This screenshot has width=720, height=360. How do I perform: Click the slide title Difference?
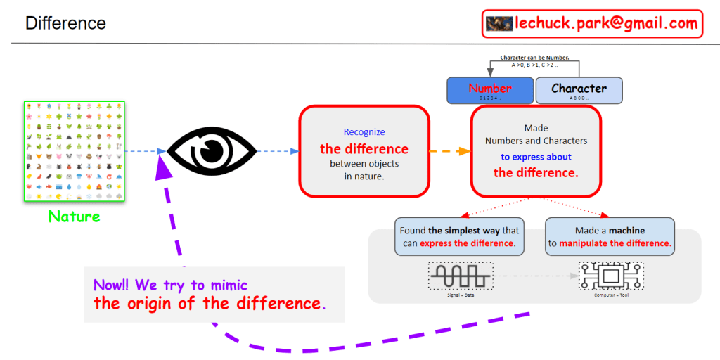pyautogui.click(x=65, y=23)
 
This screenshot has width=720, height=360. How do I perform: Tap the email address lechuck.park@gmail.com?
pyautogui.click(x=606, y=23)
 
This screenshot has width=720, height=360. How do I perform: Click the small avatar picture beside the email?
pyautogui.click(x=499, y=23)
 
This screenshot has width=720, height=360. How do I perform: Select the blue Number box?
pyautogui.click(x=490, y=90)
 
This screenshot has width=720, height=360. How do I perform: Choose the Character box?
pyautogui.click(x=579, y=90)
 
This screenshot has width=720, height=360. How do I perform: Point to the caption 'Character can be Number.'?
pyautogui.click(x=534, y=57)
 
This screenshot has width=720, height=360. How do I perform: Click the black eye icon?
pyautogui.click(x=211, y=150)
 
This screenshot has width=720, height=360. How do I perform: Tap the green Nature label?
pyautogui.click(x=74, y=216)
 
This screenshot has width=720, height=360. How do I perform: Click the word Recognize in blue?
pyautogui.click(x=364, y=131)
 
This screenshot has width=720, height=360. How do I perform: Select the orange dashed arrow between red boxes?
pyautogui.click(x=450, y=151)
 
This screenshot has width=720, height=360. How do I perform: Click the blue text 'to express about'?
pyautogui.click(x=536, y=157)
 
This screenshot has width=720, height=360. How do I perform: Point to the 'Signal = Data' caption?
pyautogui.click(x=461, y=293)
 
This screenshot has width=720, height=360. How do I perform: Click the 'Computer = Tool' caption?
pyautogui.click(x=610, y=293)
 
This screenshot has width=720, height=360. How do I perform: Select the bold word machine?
pyautogui.click(x=626, y=230)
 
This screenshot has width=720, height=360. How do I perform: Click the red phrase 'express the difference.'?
pyautogui.click(x=468, y=243)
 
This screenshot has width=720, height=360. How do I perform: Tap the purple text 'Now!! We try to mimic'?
pyautogui.click(x=170, y=285)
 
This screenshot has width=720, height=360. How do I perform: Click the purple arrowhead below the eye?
pyautogui.click(x=165, y=167)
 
